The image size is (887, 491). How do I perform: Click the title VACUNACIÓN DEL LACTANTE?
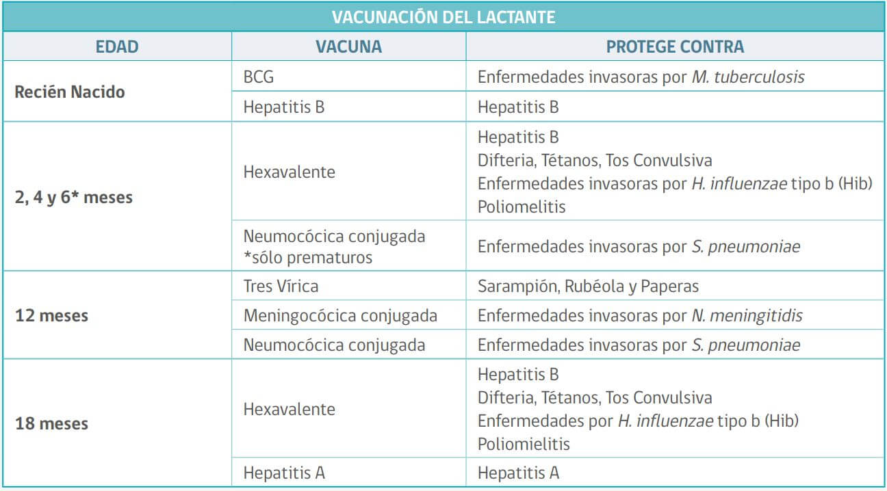click(443, 16)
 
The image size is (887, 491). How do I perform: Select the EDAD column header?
click(117, 47)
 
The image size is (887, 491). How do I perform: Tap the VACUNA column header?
click(348, 47)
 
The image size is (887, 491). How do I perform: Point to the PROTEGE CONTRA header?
click(675, 47)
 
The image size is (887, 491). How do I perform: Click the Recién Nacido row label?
click(70, 92)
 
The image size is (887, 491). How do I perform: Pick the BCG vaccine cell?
click(259, 77)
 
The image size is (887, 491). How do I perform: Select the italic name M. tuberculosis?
click(747, 77)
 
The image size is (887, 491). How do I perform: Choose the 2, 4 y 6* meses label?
click(74, 198)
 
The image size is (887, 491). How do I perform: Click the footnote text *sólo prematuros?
click(308, 257)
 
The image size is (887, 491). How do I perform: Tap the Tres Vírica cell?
click(281, 286)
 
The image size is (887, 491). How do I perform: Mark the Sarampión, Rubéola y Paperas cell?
click(588, 286)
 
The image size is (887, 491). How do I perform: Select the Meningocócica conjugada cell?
click(340, 315)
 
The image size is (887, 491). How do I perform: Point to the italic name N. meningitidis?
click(746, 315)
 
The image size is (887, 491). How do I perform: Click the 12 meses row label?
click(51, 317)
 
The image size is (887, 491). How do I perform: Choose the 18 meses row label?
click(51, 423)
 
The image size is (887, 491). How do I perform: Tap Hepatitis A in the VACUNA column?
click(284, 472)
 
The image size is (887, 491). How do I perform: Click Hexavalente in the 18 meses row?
click(290, 409)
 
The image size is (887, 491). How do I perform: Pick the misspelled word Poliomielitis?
click(524, 444)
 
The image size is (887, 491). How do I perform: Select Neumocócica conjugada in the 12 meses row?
click(334, 345)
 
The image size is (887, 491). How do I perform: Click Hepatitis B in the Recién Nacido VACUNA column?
click(284, 107)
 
